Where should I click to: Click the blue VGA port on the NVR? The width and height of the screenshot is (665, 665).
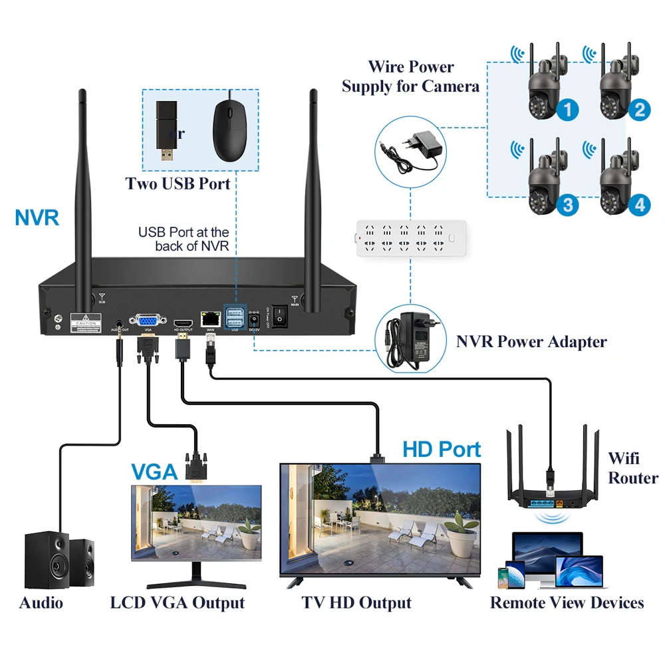[147, 320]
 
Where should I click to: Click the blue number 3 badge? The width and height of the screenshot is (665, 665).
[567, 205]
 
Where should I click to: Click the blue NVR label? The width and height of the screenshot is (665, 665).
[37, 217]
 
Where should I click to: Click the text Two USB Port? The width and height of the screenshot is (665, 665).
[178, 184]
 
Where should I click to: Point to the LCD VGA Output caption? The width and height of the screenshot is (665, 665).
[178, 603]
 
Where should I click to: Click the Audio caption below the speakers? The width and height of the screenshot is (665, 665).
[41, 603]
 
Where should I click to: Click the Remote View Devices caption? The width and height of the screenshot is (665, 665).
[567, 603]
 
